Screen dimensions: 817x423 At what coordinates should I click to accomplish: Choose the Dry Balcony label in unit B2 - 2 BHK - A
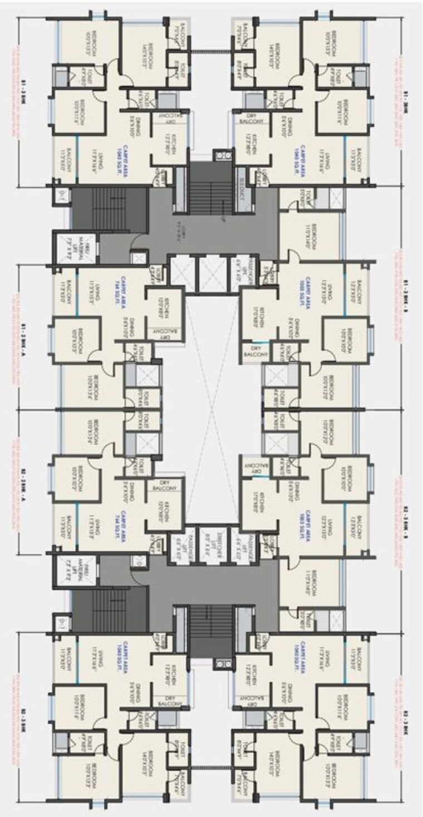165,484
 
